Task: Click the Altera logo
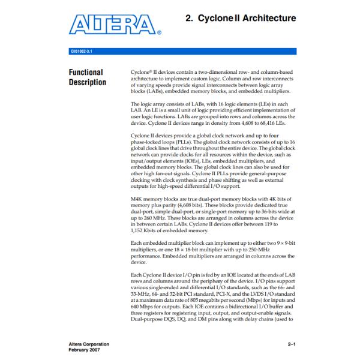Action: click(113, 26)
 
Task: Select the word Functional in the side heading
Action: click(86, 73)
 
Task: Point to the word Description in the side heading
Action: click(88, 82)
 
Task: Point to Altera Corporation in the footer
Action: click(86, 344)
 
